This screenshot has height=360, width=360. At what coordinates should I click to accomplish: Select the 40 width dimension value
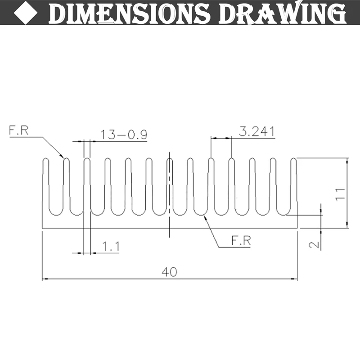pyautogui.click(x=170, y=272)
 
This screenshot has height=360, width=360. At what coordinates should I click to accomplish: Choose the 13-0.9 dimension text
pyautogui.click(x=124, y=135)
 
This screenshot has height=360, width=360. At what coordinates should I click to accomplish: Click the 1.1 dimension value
pyautogui.click(x=111, y=246)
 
